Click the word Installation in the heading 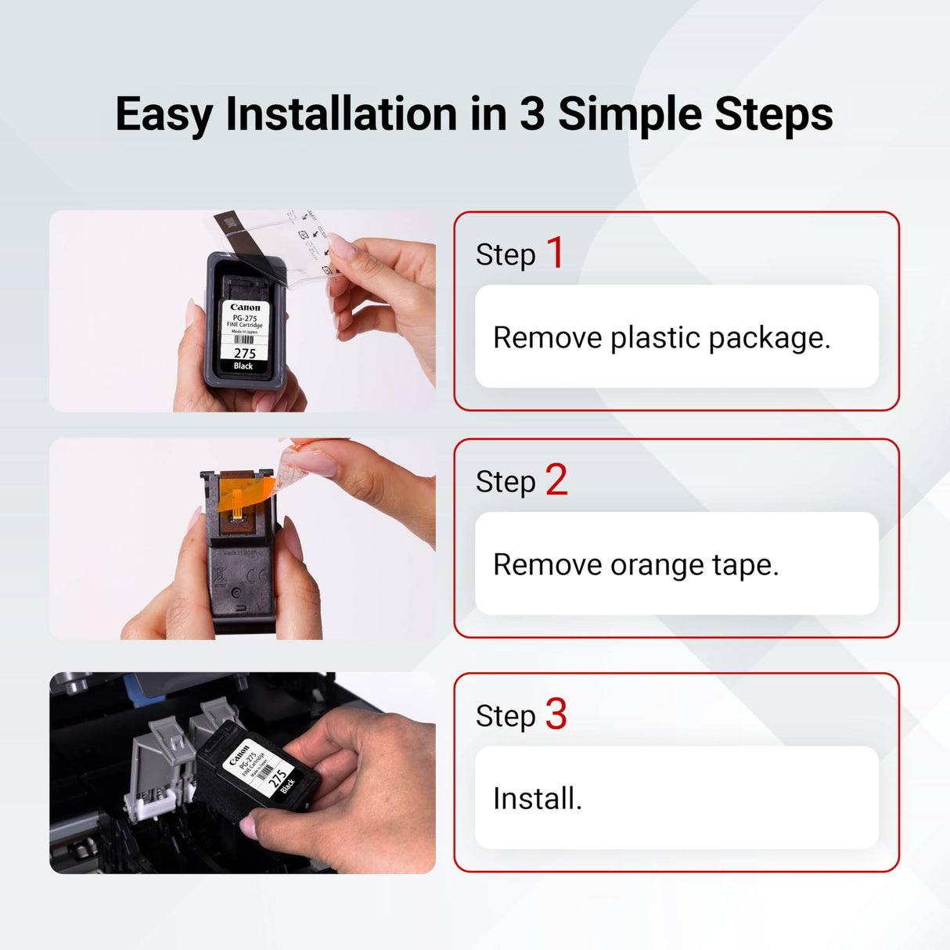click(x=342, y=114)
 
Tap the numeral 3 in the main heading click(x=531, y=114)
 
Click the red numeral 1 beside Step click(x=555, y=253)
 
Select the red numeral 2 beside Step click(x=556, y=480)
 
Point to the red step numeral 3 click(x=556, y=714)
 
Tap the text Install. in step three click(x=537, y=799)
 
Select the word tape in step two click(x=745, y=565)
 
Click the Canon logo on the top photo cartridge click(x=245, y=308)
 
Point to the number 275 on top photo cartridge click(x=244, y=354)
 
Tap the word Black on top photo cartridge click(x=243, y=366)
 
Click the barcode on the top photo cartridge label click(x=244, y=340)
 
